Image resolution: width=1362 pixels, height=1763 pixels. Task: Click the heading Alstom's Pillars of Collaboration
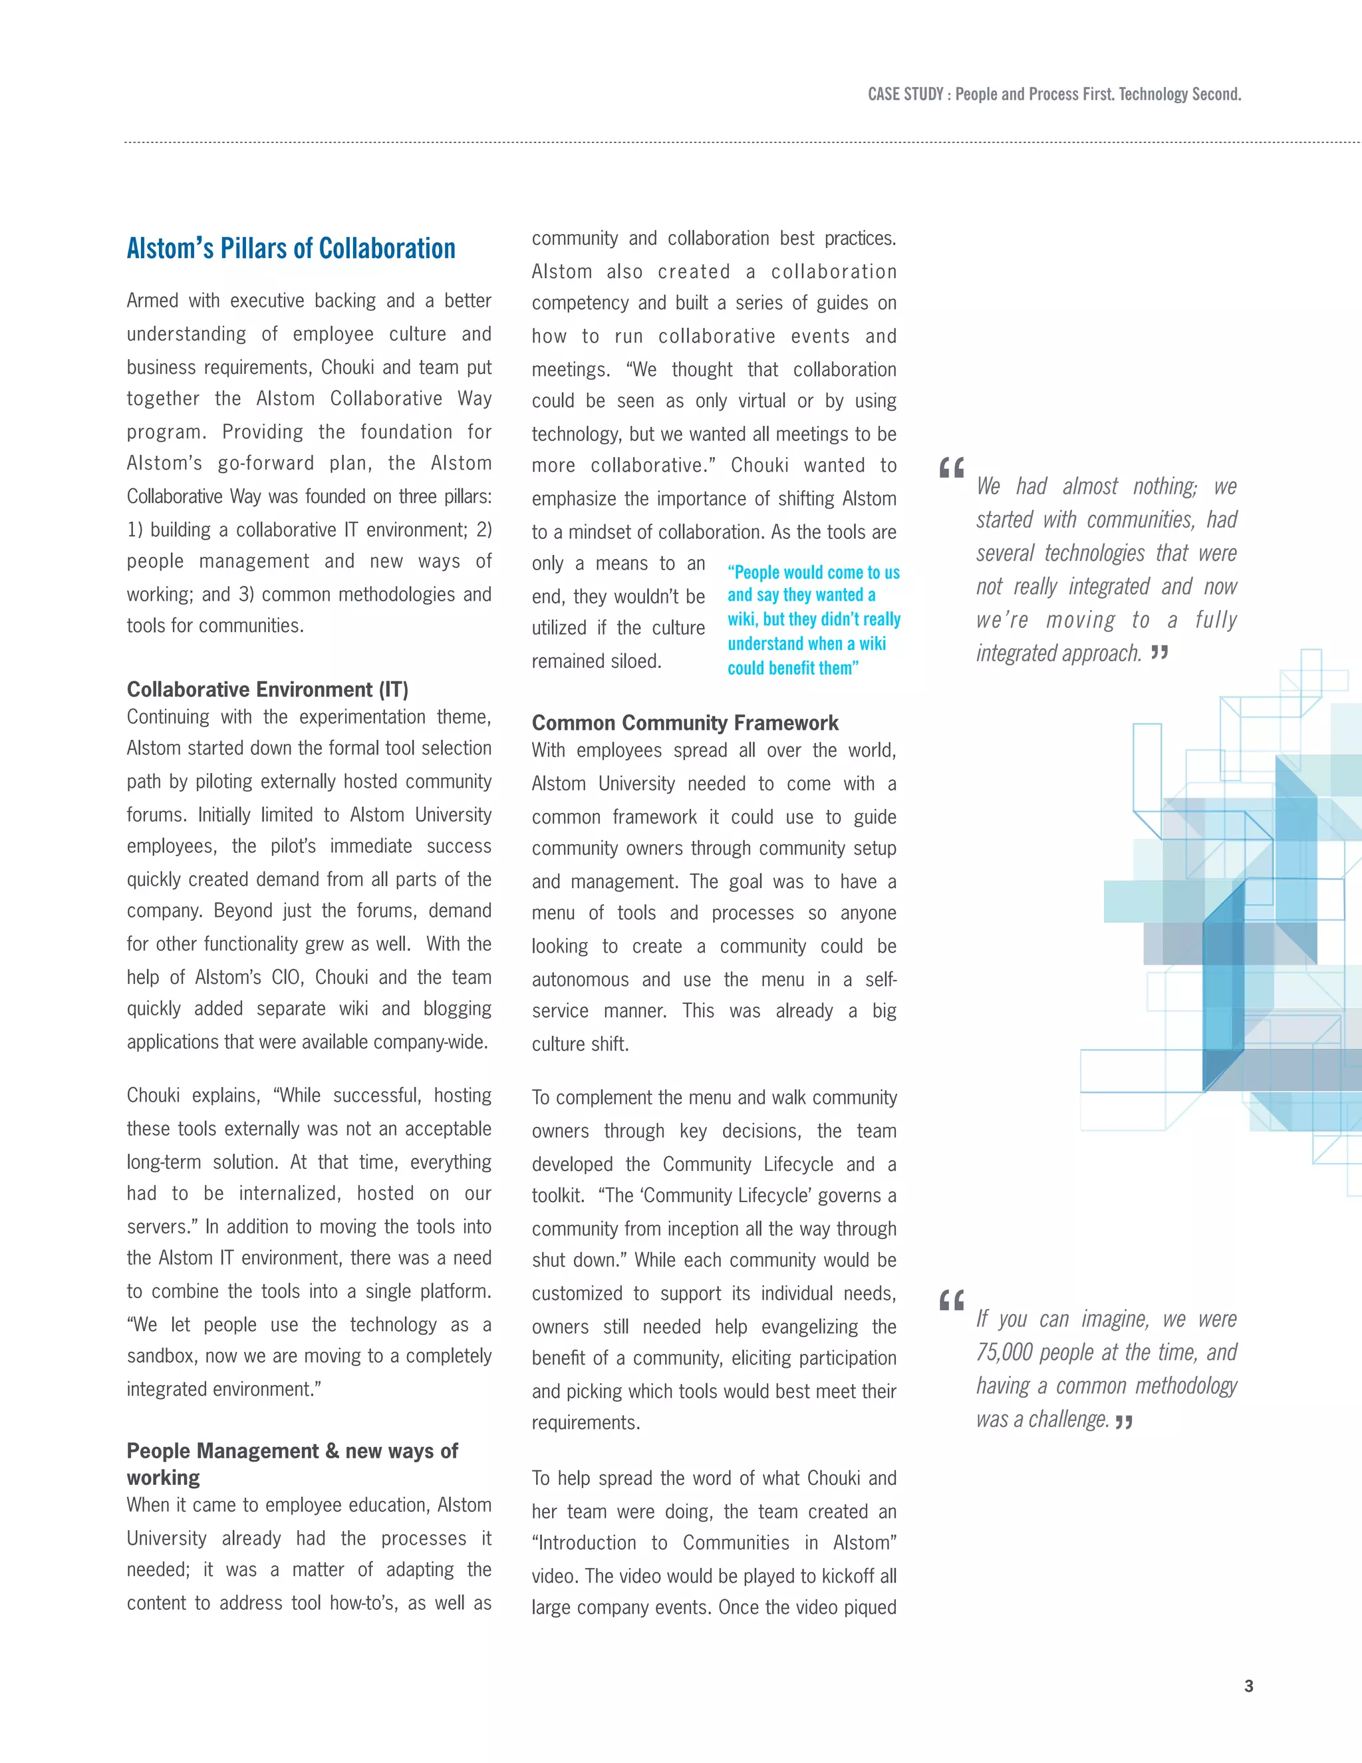pos(291,249)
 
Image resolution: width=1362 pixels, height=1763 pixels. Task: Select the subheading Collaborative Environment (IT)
pos(267,689)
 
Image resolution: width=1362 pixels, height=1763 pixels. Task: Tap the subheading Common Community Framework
pos(684,722)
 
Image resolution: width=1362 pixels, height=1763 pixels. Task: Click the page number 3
pos(1248,1686)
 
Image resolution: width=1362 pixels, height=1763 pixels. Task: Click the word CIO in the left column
pos(285,977)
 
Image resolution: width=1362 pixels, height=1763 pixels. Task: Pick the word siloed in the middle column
pos(636,661)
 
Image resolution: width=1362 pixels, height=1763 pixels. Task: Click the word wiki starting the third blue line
pos(742,619)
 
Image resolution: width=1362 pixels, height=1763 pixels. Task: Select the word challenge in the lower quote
pos(1067,1419)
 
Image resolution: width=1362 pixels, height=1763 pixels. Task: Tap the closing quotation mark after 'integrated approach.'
pos(1159,651)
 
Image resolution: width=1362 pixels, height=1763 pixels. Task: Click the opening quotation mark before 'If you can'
pos(951,1301)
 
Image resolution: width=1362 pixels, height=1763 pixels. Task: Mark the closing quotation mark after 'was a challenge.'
pos(1124,1422)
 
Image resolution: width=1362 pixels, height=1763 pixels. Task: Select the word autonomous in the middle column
pos(579,980)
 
